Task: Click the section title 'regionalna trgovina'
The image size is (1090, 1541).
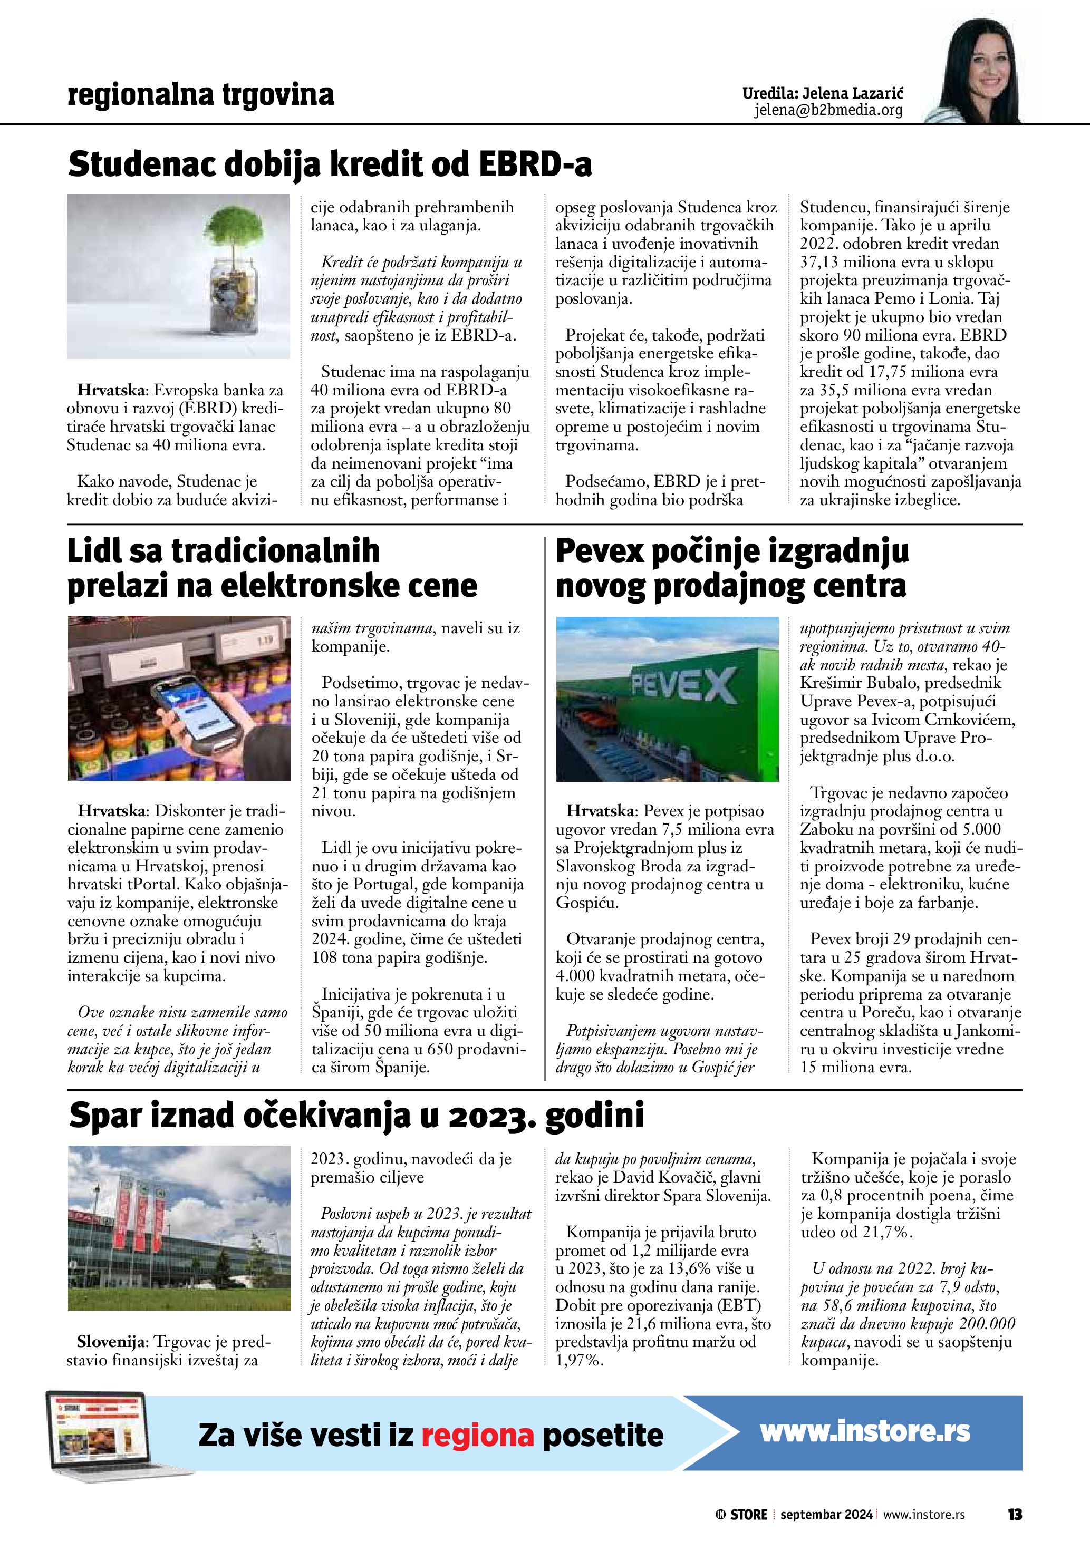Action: click(x=201, y=95)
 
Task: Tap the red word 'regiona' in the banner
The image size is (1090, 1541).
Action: click(x=477, y=1436)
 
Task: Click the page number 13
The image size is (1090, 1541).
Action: click(x=1014, y=1514)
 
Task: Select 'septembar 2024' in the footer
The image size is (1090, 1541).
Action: click(x=826, y=1515)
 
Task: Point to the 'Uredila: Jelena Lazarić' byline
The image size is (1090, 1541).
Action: click(x=822, y=93)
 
